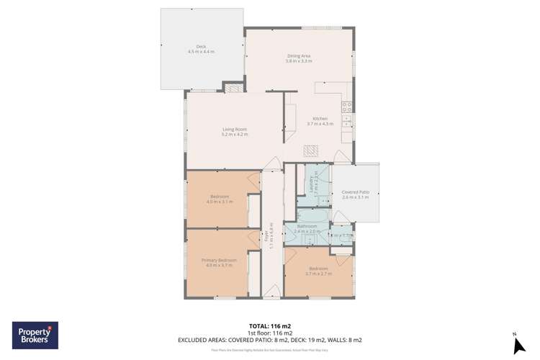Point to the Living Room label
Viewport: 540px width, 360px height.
[234, 129]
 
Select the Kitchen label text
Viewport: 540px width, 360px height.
[320, 119]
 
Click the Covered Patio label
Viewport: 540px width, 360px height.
[355, 192]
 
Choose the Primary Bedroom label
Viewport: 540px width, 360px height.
[219, 260]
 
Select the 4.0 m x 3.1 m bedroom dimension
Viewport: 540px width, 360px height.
[220, 202]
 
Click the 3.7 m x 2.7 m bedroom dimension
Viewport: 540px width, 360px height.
[318, 274]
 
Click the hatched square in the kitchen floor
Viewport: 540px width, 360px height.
[310, 150]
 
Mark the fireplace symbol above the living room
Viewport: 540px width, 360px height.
[234, 88]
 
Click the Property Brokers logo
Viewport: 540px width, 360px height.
[35, 336]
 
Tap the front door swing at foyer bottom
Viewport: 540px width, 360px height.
[271, 289]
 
